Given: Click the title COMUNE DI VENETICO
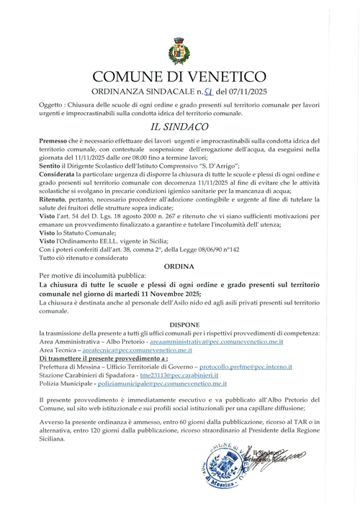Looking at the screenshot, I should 179,77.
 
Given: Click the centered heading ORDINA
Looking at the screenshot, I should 179,266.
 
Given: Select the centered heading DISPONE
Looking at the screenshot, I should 179,324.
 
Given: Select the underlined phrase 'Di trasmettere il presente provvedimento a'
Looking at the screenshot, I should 104,359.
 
